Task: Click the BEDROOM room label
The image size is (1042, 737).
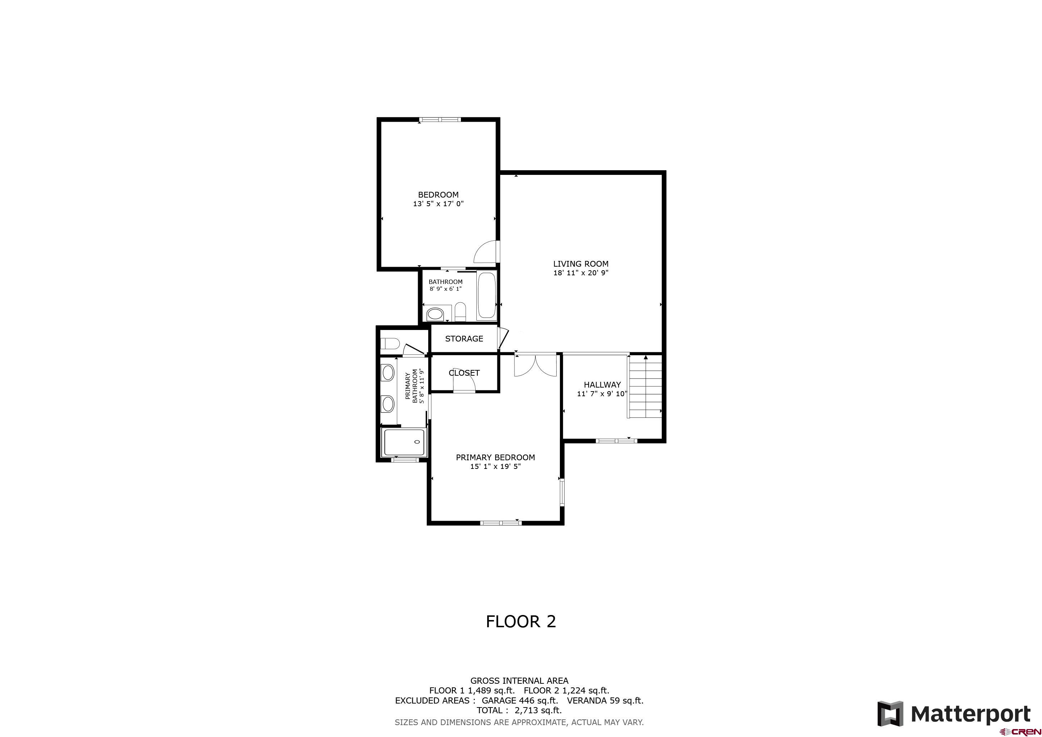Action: point(438,195)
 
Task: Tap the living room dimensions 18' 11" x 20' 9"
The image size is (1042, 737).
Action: point(580,273)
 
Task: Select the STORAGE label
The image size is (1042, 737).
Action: point(464,339)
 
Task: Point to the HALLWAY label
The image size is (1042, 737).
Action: point(602,384)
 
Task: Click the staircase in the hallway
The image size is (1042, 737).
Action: point(645,386)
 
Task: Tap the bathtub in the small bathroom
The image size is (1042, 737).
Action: point(486,295)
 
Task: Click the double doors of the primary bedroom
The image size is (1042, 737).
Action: point(535,366)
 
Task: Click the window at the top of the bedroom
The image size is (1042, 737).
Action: point(440,120)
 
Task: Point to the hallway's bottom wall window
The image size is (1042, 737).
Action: point(616,440)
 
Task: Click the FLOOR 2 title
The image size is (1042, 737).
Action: point(521,621)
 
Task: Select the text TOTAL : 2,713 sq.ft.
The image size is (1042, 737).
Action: point(519,710)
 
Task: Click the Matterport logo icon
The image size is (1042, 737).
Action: point(890,714)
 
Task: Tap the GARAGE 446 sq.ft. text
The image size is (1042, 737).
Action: point(520,700)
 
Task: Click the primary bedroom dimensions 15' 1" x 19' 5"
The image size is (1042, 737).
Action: point(495,466)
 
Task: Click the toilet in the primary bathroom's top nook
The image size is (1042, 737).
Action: point(389,343)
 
